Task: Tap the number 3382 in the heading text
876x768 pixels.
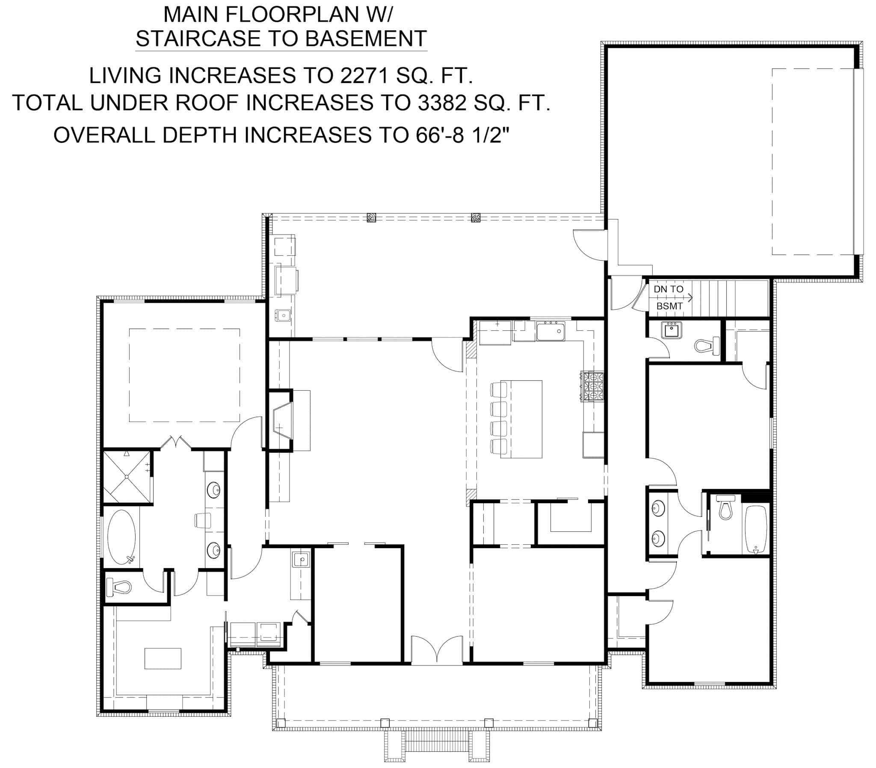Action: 441,103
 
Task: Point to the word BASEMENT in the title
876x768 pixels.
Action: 366,39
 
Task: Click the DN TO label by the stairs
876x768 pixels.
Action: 668,289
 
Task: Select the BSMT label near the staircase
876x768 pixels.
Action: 669,306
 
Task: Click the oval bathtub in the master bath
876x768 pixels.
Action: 121,537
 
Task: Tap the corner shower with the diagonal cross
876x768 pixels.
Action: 127,476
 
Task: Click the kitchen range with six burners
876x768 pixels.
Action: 592,386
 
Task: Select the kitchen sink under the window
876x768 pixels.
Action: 551,332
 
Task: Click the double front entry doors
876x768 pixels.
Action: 436,651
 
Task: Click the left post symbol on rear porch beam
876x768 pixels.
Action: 371,218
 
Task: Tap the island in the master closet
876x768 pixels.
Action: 163,658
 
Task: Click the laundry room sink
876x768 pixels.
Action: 301,560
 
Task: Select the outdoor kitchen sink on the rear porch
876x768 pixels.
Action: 283,316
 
